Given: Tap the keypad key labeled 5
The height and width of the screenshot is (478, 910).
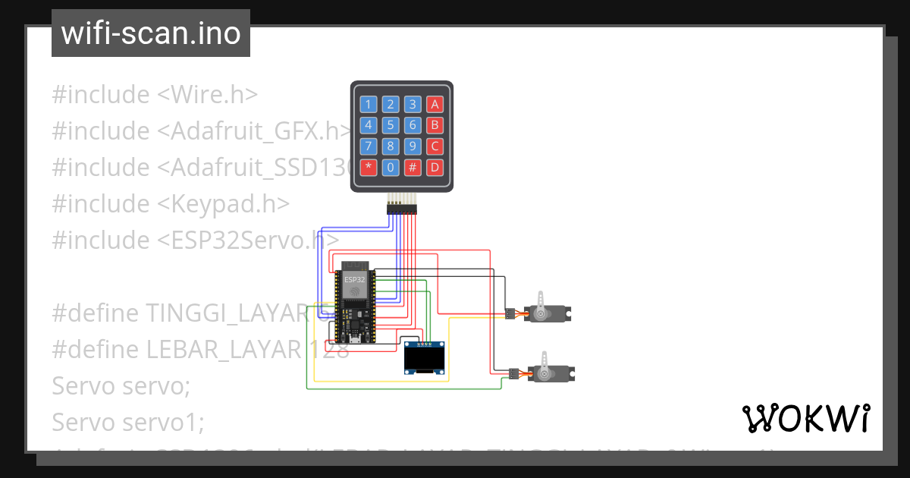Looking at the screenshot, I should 391,125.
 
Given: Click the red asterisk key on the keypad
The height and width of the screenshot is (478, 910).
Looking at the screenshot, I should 369,167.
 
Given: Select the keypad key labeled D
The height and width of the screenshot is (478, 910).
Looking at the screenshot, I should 435,167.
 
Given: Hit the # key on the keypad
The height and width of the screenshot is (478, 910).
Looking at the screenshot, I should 413,167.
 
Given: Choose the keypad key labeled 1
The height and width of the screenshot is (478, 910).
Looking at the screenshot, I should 369,105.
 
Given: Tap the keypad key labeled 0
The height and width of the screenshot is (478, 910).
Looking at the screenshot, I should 391,167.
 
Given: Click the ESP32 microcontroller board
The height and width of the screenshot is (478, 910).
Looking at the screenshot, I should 353,303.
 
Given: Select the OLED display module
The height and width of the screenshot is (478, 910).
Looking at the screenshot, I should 425,358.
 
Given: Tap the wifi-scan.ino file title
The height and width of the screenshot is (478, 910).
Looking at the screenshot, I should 151,33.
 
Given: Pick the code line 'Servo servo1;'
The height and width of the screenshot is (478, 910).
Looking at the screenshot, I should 127,422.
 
